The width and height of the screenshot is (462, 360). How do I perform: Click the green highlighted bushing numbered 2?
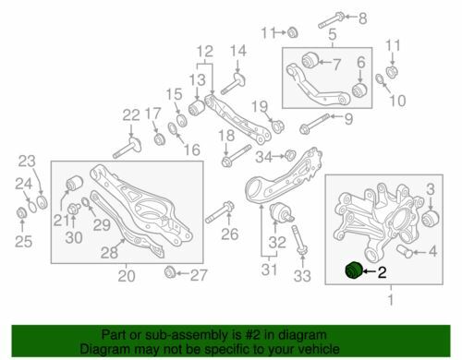[354, 270]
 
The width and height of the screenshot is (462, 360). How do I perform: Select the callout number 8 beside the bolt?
[363, 18]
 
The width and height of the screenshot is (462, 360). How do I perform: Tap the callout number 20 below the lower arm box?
[127, 275]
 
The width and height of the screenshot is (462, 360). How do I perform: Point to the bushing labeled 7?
[309, 61]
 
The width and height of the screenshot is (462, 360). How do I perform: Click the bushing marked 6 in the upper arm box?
[359, 89]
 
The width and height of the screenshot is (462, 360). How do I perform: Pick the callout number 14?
[238, 51]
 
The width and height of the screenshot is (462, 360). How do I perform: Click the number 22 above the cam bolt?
[131, 115]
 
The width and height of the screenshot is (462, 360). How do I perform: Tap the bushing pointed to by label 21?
[75, 182]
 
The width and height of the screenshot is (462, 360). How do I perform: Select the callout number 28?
[109, 253]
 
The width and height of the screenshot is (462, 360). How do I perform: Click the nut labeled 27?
[170, 272]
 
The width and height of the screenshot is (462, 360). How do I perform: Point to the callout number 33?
[302, 276]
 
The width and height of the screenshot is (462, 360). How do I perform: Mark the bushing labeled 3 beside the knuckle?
[430, 217]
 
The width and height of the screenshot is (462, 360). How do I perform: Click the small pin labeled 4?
[405, 252]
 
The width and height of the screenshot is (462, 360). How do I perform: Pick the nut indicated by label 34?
[289, 155]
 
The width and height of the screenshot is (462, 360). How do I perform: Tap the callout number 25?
[24, 241]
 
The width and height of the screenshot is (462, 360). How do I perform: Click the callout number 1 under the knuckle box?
[391, 299]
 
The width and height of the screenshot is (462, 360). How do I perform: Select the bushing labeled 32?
[281, 212]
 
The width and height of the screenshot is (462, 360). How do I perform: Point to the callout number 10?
[397, 101]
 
